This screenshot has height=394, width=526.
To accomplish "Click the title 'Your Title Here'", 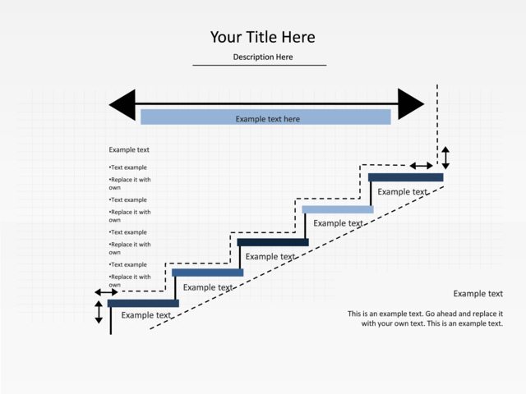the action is (x=263, y=37).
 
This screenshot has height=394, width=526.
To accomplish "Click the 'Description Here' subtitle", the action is (x=263, y=57).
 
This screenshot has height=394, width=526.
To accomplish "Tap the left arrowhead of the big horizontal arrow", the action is (x=122, y=104).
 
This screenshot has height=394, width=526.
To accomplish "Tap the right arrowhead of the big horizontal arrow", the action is (x=411, y=104).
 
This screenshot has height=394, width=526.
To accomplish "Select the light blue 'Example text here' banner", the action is (x=265, y=117).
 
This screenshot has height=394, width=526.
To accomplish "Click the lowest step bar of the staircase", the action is (x=143, y=303).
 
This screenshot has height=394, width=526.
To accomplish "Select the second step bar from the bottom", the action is (x=208, y=273).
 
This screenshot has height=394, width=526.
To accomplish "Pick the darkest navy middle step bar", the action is (x=273, y=242).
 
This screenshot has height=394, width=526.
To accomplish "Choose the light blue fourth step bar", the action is (x=338, y=209).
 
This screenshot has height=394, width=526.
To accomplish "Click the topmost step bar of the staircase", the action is (x=405, y=177).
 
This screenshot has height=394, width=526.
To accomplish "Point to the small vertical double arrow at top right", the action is (x=445, y=158).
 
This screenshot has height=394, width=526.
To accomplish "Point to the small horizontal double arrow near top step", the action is (x=422, y=166).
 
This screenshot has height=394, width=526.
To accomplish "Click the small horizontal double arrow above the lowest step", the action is (x=106, y=292).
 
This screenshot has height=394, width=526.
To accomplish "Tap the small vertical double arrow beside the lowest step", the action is (x=99, y=312).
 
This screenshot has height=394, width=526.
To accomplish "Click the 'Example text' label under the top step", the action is (x=403, y=192).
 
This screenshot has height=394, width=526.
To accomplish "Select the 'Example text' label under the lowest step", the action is (x=146, y=315).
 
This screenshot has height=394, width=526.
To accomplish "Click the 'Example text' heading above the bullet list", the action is (x=129, y=149).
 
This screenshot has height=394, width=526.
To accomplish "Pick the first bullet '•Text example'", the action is (x=128, y=167).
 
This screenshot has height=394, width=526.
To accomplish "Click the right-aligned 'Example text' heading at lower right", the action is (x=478, y=294).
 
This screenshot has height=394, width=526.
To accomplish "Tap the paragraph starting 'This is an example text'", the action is (x=426, y=318).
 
